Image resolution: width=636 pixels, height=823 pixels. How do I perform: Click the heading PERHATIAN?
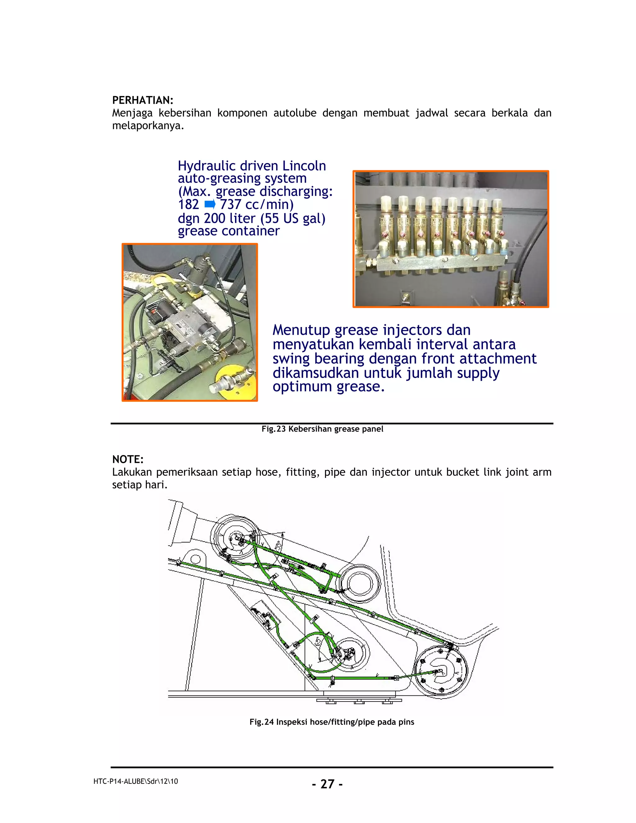coord(143,100)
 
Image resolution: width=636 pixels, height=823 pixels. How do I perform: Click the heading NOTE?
coord(128,459)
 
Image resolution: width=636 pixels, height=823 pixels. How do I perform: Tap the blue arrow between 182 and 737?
coord(210,205)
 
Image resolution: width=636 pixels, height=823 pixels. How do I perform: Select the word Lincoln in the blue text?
coord(304,166)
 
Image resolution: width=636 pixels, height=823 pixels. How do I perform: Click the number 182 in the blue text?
coord(189,205)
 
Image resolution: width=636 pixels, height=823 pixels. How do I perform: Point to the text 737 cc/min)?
coord(257,205)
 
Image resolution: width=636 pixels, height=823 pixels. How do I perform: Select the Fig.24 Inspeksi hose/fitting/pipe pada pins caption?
coord(332,722)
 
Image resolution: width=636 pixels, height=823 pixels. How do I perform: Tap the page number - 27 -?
coord(327,784)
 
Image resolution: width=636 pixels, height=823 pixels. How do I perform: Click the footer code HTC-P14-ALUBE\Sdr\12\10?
coord(136,782)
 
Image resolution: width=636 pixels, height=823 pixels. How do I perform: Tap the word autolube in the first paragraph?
coord(295,113)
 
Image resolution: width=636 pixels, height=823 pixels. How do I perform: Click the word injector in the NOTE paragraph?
coord(391,472)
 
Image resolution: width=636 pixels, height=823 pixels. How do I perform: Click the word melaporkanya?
coord(148,126)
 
